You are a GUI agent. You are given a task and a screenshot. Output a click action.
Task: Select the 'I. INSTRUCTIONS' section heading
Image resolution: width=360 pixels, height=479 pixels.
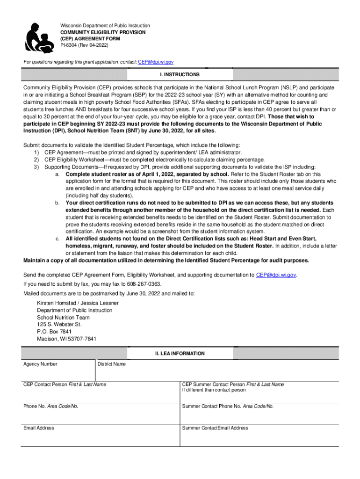(x=180, y=75)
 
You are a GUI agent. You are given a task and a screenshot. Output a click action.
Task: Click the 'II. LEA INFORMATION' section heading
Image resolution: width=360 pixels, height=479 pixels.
(x=180, y=354)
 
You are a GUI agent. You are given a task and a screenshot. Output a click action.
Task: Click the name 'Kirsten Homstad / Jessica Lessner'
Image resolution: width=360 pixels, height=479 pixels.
(x=78, y=303)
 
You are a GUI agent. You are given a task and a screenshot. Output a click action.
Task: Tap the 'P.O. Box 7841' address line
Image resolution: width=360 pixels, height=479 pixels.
(x=54, y=332)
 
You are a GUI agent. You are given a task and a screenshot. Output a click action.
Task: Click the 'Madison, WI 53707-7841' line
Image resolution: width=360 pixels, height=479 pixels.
(x=66, y=339)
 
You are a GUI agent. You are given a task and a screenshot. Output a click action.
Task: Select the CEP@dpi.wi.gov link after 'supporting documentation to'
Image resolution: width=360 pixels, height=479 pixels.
(x=276, y=275)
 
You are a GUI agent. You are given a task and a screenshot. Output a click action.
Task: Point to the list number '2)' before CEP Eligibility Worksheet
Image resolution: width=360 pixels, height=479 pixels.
(x=36, y=160)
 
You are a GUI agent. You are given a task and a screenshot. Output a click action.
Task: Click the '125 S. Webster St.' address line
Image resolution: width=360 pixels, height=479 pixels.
(x=59, y=324)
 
